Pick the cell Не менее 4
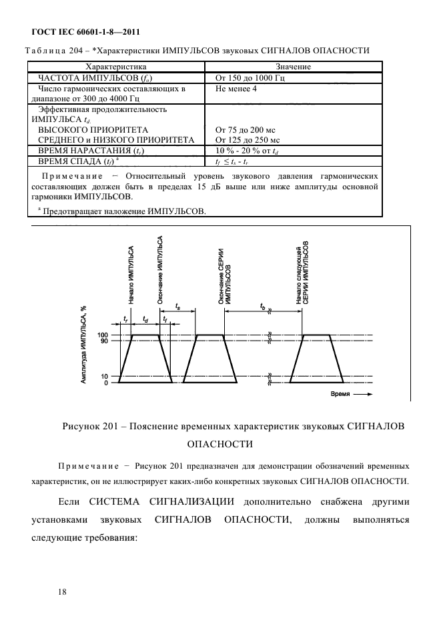(236, 88)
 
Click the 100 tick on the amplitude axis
(103, 335)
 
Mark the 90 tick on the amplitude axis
(104, 341)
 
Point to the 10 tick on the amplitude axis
(104, 377)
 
